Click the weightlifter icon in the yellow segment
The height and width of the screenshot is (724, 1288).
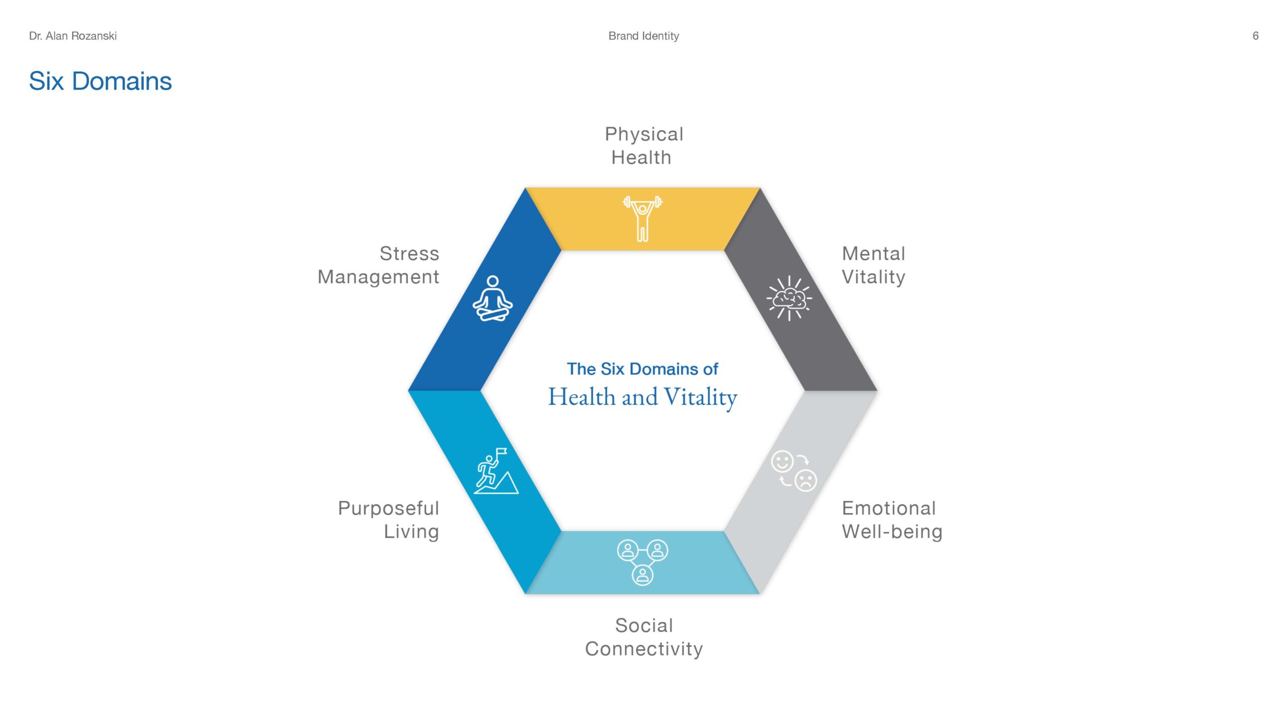tap(642, 219)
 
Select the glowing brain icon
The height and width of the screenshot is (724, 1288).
tap(789, 298)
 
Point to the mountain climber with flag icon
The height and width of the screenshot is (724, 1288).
tap(496, 471)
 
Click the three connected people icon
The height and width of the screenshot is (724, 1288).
tap(642, 562)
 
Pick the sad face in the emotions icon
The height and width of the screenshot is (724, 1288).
tap(806, 481)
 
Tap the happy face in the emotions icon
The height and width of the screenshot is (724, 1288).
tap(782, 461)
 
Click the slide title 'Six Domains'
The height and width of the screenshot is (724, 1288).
tap(100, 81)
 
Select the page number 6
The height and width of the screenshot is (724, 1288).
tap(1255, 36)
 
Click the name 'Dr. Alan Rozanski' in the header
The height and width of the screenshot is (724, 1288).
tap(73, 36)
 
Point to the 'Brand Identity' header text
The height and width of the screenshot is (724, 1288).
tap(643, 36)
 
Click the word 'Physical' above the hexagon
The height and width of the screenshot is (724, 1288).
tap(644, 134)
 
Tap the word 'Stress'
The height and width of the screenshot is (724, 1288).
tap(409, 253)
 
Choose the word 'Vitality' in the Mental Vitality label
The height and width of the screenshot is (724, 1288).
tap(873, 277)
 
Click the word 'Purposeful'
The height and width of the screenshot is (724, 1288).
tap(388, 508)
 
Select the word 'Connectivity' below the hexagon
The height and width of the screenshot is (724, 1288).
tap(643, 649)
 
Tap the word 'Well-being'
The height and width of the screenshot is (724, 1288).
tap(892, 531)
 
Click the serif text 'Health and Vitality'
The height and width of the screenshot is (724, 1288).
tap(642, 397)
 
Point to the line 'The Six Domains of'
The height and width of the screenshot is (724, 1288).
tap(642, 369)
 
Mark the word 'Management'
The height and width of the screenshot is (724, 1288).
tap(378, 277)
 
